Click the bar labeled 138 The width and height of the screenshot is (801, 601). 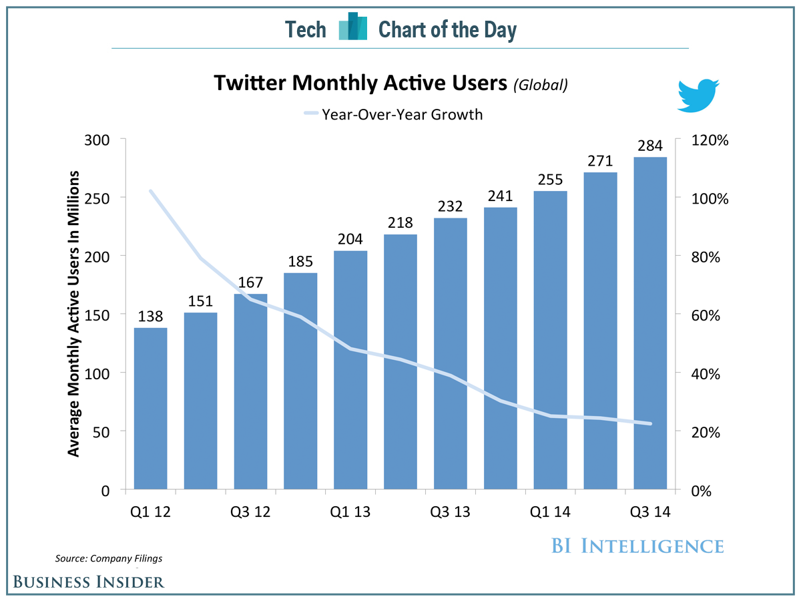151,409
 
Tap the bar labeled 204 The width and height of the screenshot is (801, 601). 350,370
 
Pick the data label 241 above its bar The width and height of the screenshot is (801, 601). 500,196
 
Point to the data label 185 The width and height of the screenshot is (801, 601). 300,261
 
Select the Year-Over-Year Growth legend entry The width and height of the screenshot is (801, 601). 393,114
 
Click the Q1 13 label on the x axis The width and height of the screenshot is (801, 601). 350,512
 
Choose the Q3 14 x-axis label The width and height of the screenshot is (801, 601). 650,512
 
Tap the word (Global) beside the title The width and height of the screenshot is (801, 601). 541,85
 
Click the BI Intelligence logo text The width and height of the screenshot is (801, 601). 637,546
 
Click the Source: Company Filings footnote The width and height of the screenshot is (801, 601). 108,558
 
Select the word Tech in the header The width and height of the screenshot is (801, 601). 306,30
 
